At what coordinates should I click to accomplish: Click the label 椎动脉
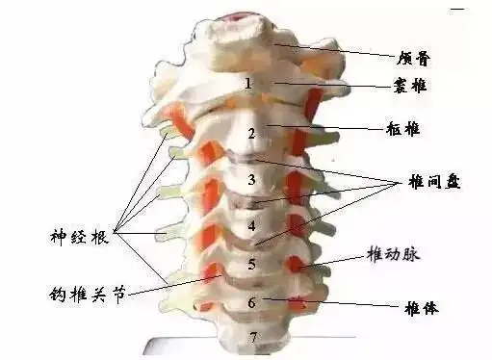pos(392,254)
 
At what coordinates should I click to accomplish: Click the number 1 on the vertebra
pos(248,84)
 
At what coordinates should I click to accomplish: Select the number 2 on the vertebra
pos(251,133)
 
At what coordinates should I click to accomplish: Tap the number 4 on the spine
pos(251,227)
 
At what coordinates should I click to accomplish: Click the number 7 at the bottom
pos(252,337)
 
